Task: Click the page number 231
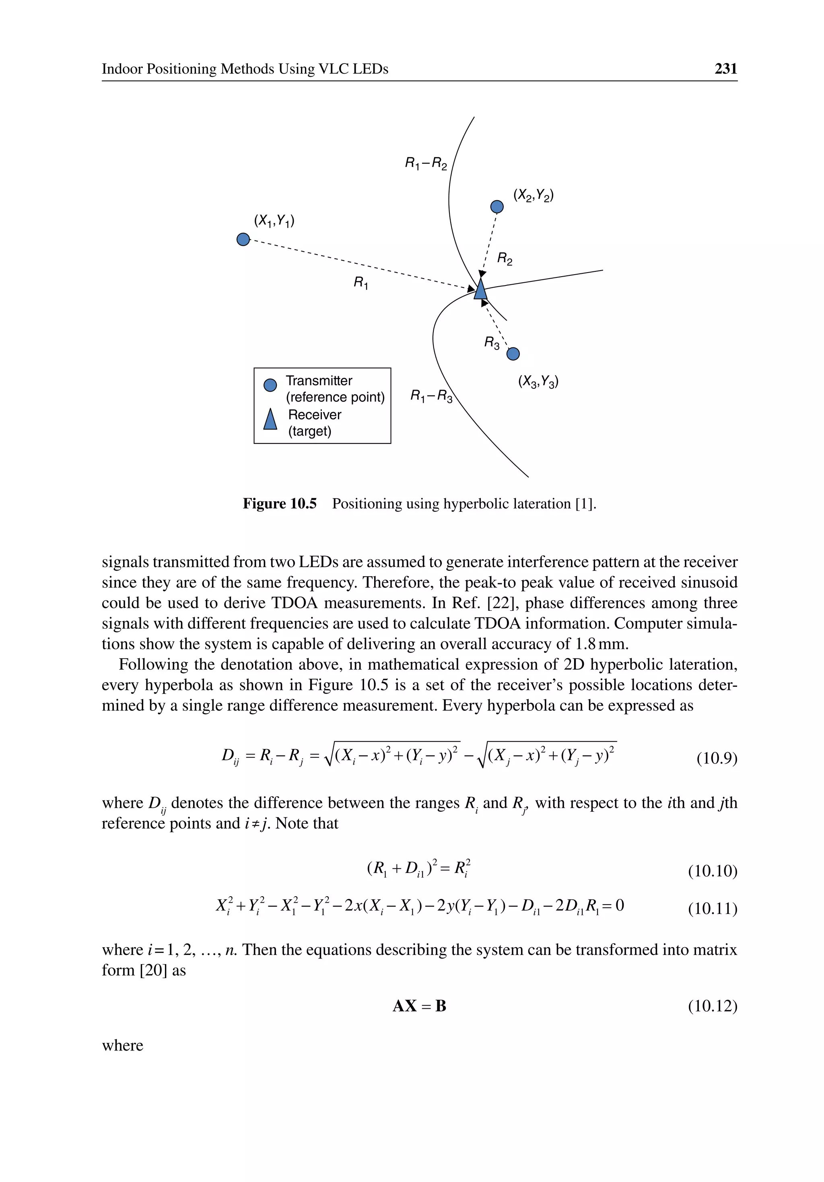[x=725, y=68]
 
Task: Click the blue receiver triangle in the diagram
[x=480, y=289]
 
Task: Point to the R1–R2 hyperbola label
[x=426, y=164]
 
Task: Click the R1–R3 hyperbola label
[x=431, y=396]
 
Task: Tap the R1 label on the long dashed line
[x=361, y=282]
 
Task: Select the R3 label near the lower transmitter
[x=492, y=343]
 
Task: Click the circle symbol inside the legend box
[x=270, y=385]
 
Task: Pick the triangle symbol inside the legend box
[x=270, y=420]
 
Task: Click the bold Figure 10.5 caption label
[x=279, y=503]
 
